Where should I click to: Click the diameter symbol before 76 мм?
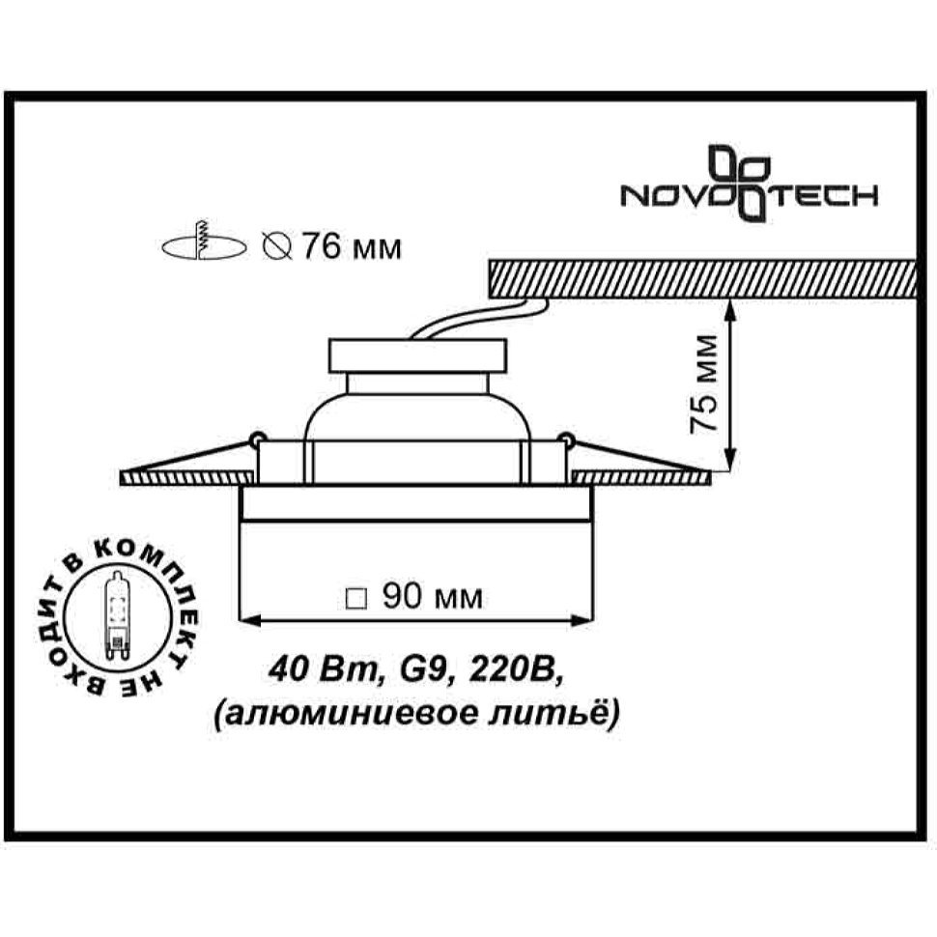click(277, 246)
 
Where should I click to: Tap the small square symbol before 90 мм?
click(356, 599)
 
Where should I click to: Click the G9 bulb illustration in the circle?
click(118, 615)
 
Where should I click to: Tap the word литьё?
click(555, 714)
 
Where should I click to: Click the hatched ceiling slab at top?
click(703, 278)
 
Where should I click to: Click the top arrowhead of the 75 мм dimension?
click(731, 308)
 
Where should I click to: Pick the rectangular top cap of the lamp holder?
click(417, 356)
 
